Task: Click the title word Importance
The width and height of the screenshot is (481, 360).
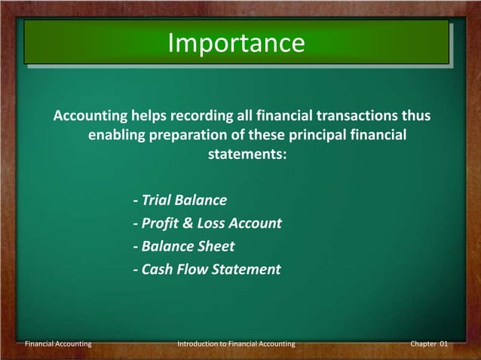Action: point(236,43)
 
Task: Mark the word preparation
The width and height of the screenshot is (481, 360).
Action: point(189,136)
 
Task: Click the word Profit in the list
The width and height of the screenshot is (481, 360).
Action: point(160,224)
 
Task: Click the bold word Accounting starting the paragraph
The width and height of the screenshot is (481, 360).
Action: point(90,117)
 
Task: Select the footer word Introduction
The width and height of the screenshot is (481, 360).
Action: point(198,344)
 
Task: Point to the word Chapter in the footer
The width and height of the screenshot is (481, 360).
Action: point(422,344)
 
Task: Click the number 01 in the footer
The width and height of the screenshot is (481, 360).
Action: point(443,344)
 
